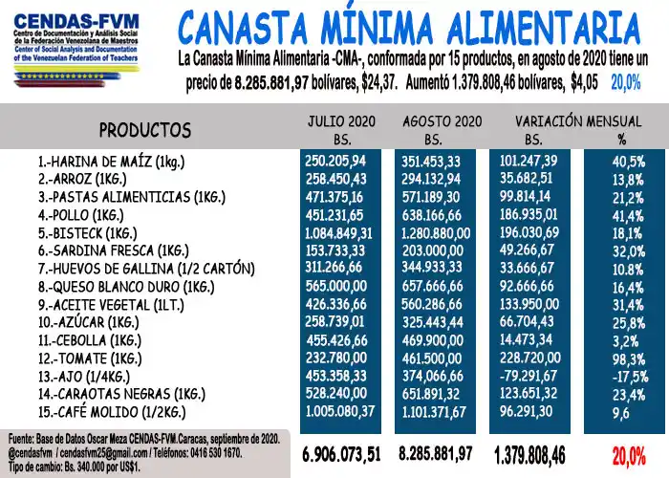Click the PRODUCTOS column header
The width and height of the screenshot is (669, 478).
point(145,129)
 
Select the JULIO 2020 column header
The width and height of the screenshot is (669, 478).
point(341,121)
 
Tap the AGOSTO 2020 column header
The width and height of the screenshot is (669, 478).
point(442,121)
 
